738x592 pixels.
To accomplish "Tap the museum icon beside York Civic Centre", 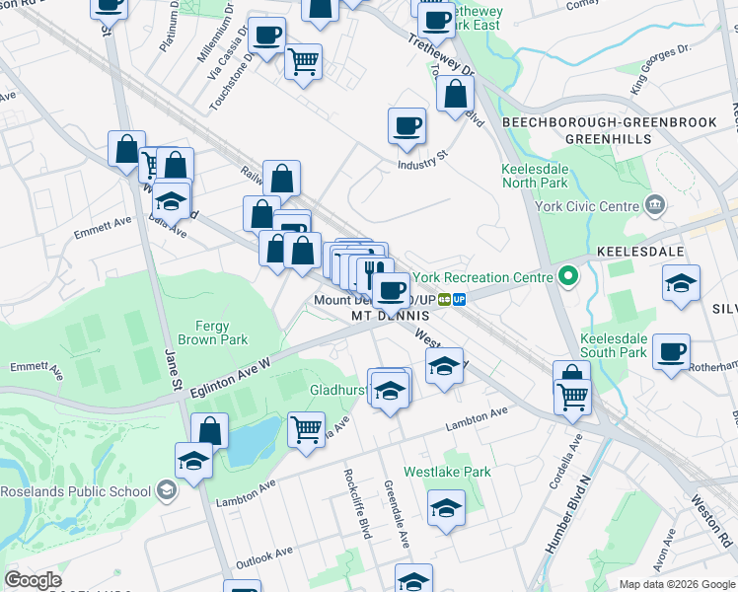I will tap(654, 205).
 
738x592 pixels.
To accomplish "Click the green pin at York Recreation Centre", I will tap(567, 277).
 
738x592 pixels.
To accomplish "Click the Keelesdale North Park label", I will tap(533, 176).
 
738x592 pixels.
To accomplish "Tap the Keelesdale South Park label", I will tap(613, 345).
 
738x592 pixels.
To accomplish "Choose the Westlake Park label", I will tap(447, 473).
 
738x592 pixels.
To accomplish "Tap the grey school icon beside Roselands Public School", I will tap(167, 490).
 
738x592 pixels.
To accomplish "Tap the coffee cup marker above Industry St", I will tap(406, 125).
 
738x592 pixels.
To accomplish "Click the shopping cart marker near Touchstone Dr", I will tap(303, 61).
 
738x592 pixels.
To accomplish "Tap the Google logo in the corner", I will tap(33, 580).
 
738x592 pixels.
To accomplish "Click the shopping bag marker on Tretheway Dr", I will tap(456, 95).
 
